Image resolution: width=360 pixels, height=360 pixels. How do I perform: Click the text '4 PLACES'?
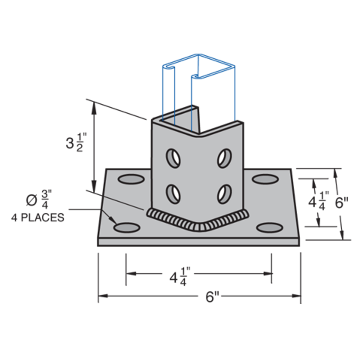click(37, 217)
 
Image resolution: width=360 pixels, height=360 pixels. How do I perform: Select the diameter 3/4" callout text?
click(38, 200)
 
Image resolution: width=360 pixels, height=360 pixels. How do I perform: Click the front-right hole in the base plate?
click(268, 228)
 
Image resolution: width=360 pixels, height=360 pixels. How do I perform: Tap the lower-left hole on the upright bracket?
click(173, 192)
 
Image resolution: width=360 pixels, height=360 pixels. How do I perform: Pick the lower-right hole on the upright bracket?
click(224, 192)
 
